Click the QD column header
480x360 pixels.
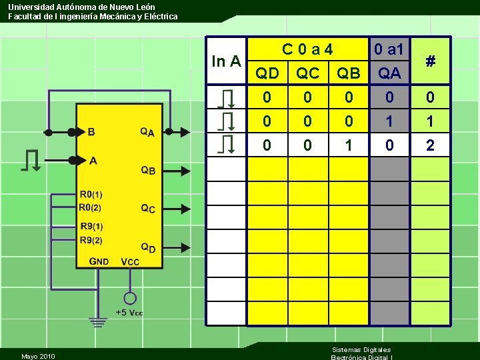pyautogui.click(x=267, y=73)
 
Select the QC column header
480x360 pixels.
pyautogui.click(x=307, y=73)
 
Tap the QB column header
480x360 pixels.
pyautogui.click(x=348, y=73)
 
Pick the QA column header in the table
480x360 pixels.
pyautogui.click(x=389, y=73)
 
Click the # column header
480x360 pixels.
pyautogui.click(x=430, y=62)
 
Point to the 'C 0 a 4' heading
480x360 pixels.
pyautogui.click(x=307, y=49)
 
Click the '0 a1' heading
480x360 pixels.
pyautogui.click(x=389, y=49)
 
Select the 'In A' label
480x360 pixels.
pyautogui.click(x=226, y=62)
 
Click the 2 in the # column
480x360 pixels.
pyautogui.click(x=430, y=145)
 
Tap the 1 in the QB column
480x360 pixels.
pyautogui.click(x=348, y=145)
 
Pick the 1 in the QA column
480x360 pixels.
pyautogui.click(x=389, y=121)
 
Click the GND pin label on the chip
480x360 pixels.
pyautogui.click(x=99, y=261)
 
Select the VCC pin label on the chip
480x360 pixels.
pyautogui.click(x=130, y=262)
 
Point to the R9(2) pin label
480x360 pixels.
pyautogui.click(x=91, y=241)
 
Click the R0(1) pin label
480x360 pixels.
pyautogui.click(x=91, y=195)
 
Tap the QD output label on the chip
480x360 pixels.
pyautogui.click(x=148, y=247)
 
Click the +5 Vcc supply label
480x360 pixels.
pyautogui.click(x=129, y=313)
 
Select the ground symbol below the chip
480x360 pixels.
pyautogui.click(x=99, y=323)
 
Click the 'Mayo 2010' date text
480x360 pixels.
pyautogui.click(x=38, y=356)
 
